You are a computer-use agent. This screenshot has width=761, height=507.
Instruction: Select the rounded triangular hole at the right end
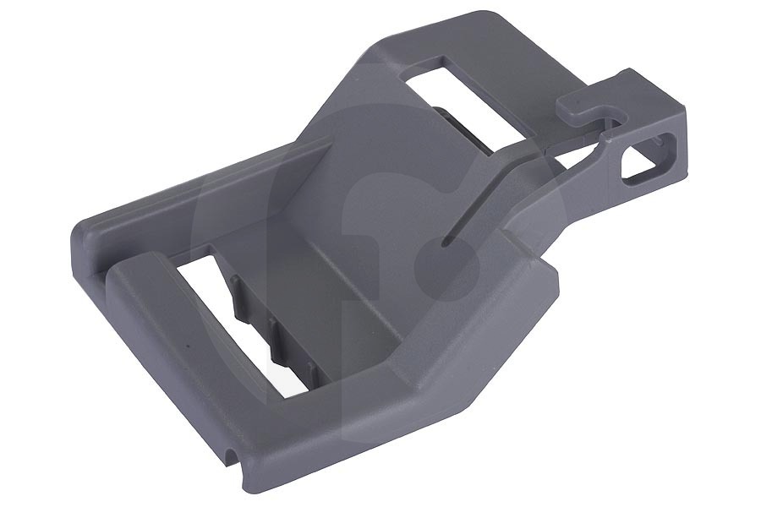tap(644, 160)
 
